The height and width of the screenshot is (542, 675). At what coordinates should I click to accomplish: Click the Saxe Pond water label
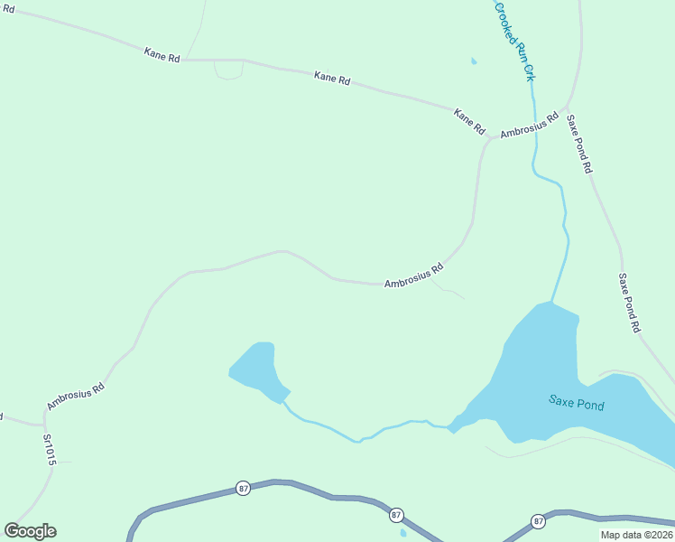click(576, 403)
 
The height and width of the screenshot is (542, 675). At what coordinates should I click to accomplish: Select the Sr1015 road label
click(50, 449)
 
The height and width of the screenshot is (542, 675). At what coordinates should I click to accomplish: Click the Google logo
click(30, 531)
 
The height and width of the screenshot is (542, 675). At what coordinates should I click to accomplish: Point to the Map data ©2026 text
click(636, 535)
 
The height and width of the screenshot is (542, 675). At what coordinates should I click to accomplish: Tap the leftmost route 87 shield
click(244, 488)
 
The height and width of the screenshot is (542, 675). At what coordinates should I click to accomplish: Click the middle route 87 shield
click(396, 515)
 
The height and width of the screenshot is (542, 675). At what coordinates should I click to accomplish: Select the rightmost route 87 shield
click(539, 521)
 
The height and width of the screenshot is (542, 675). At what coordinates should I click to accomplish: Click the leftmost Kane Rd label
click(162, 55)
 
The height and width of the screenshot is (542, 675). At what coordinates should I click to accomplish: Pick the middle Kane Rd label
click(331, 79)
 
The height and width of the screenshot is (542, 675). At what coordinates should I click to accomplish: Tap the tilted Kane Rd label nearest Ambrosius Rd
click(469, 121)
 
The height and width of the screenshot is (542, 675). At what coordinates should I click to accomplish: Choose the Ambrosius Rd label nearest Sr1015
click(76, 397)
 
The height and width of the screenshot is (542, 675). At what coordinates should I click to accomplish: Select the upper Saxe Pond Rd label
click(579, 143)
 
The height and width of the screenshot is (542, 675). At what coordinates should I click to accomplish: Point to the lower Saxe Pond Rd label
click(629, 303)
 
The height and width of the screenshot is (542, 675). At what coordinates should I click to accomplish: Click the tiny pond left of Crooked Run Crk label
click(474, 61)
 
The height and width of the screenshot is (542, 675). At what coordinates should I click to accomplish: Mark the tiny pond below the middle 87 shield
click(402, 533)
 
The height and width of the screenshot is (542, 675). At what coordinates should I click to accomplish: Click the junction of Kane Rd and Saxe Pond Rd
click(568, 107)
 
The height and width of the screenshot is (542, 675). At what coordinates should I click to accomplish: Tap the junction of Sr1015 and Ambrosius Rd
click(43, 424)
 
